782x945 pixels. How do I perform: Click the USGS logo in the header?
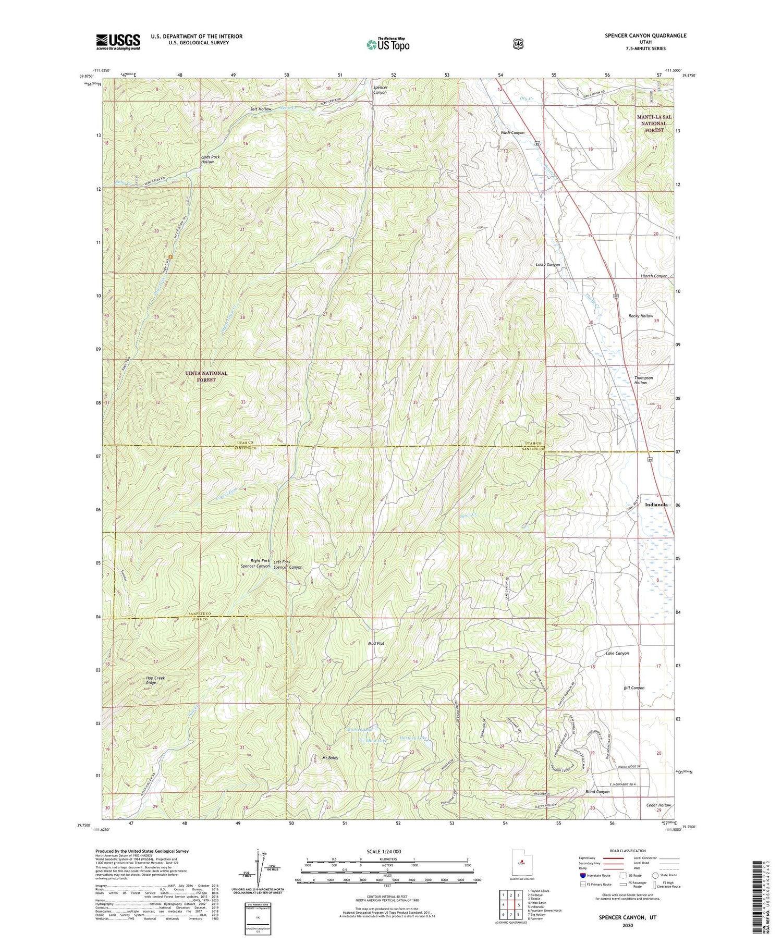[118, 42]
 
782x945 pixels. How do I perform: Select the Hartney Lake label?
[415, 739]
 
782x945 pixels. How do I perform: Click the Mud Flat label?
[376, 644]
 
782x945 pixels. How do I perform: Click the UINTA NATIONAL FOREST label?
[207, 376]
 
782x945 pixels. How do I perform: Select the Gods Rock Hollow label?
[207, 159]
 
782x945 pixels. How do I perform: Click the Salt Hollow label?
[261, 109]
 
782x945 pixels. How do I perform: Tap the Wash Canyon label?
[512, 133]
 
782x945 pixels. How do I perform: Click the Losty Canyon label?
[548, 265]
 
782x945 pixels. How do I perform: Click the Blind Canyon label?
[597, 792]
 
